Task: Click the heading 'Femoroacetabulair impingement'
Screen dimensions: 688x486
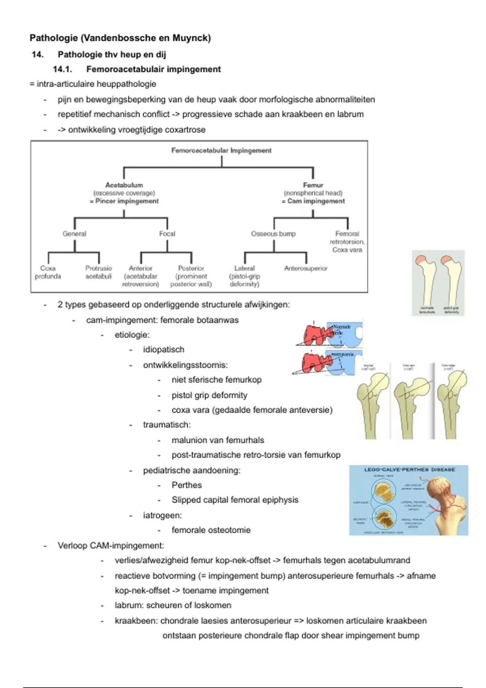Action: pyautogui.click(x=153, y=69)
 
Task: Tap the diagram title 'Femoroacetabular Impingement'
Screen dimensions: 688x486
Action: pyautogui.click(x=221, y=151)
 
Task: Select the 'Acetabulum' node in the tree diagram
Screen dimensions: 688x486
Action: pyautogui.click(x=124, y=185)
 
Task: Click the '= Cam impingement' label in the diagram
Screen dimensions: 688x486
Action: pyautogui.click(x=313, y=201)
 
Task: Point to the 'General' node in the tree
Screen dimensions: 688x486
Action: pyautogui.click(x=74, y=234)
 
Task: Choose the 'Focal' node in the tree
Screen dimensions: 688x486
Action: pyautogui.click(x=167, y=234)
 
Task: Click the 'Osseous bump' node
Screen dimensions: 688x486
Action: pyautogui.click(x=273, y=234)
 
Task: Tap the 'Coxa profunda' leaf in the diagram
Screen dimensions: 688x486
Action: pyautogui.click(x=48, y=272)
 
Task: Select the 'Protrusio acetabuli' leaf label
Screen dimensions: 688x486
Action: pyautogui.click(x=98, y=272)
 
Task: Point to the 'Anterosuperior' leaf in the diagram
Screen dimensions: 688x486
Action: pyautogui.click(x=306, y=268)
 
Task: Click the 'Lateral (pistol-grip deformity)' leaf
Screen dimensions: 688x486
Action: pyautogui.click(x=244, y=276)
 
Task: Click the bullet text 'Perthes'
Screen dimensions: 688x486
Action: pyautogui.click(x=186, y=485)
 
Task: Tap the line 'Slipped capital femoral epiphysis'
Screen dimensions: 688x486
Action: pyautogui.click(x=235, y=500)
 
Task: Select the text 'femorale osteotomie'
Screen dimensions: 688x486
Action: pyautogui.click(x=211, y=530)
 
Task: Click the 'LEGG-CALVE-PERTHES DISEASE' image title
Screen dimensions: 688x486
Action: pyautogui.click(x=409, y=470)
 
